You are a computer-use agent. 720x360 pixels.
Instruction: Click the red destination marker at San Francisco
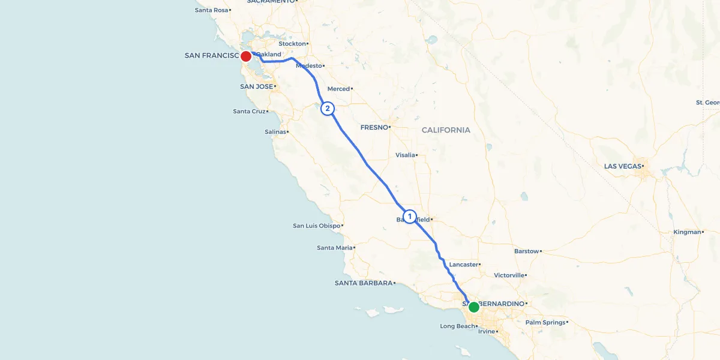(245, 56)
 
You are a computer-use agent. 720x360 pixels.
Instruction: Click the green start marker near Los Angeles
(473, 307)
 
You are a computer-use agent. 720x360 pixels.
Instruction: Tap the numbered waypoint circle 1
(410, 216)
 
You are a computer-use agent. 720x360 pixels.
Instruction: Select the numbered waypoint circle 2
(327, 109)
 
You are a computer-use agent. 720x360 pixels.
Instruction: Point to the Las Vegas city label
(622, 166)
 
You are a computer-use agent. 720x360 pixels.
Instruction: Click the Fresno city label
(374, 127)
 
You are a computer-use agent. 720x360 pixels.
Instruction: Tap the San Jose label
(256, 86)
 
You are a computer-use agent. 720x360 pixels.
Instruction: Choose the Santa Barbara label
(363, 283)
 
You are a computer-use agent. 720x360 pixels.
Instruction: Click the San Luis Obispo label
(316, 226)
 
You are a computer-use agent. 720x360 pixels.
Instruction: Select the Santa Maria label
(335, 247)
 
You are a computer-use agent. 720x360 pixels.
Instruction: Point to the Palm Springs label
(545, 322)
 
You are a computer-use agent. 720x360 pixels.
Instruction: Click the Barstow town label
(526, 251)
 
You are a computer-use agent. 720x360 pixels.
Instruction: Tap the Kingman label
(687, 232)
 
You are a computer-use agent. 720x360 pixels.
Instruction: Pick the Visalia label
(405, 155)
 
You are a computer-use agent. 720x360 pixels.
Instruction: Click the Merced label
(338, 89)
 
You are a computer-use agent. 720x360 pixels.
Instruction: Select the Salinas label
(275, 131)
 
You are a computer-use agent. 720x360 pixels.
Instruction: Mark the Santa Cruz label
(249, 111)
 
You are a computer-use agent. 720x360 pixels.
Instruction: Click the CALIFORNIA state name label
(446, 130)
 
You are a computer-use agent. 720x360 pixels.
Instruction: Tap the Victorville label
(509, 275)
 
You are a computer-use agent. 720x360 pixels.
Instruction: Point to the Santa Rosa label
(211, 10)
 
